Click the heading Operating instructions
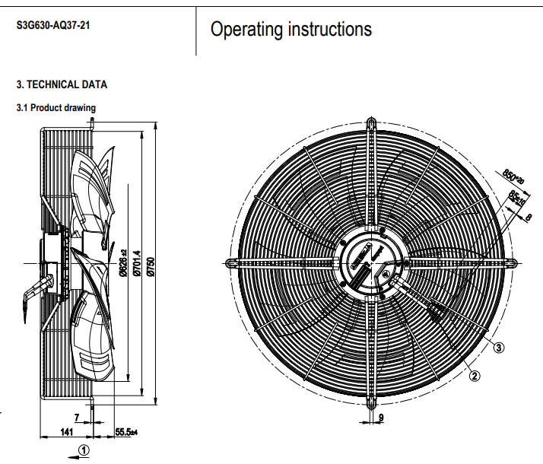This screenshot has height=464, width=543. coord(291,30)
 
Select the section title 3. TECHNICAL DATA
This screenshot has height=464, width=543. coord(62,84)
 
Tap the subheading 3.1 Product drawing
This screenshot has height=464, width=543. coord(56,108)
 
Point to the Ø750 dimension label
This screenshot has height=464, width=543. coord(151,265)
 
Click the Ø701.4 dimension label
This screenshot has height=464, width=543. coord(138,265)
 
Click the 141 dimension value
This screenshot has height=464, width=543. coord(66,432)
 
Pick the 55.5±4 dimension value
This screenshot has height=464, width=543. coord(125,432)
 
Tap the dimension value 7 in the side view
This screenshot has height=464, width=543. coord(77,417)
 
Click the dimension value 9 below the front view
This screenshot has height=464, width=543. coord(381,418)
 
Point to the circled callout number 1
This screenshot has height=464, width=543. coord(84,450)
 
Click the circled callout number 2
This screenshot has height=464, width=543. coord(475,374)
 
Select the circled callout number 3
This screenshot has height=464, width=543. coord(499,348)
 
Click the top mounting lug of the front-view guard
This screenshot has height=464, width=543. coord(371,124)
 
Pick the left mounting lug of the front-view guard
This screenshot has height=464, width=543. coord(229,262)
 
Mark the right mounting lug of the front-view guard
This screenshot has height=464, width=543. coord(513,262)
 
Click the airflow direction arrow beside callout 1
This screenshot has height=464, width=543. coord(71,455)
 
